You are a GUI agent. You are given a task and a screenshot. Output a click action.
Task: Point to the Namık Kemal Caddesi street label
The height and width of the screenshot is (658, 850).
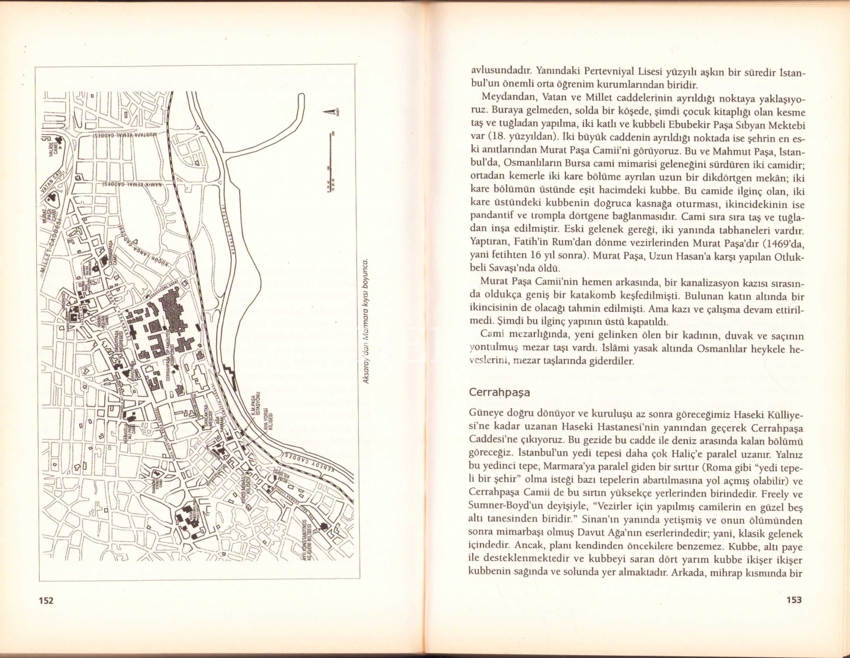[131, 184]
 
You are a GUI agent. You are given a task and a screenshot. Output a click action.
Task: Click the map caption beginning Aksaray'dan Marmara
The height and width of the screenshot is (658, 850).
[367, 321]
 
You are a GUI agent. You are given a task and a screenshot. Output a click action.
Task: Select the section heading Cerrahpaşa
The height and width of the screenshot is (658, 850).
[499, 392]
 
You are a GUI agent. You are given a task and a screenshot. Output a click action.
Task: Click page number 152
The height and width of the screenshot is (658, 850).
[46, 600]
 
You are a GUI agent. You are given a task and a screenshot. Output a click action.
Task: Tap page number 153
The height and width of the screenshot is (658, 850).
[794, 600]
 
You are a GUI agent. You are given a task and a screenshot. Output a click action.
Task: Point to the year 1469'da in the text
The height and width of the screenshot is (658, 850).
[783, 244]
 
